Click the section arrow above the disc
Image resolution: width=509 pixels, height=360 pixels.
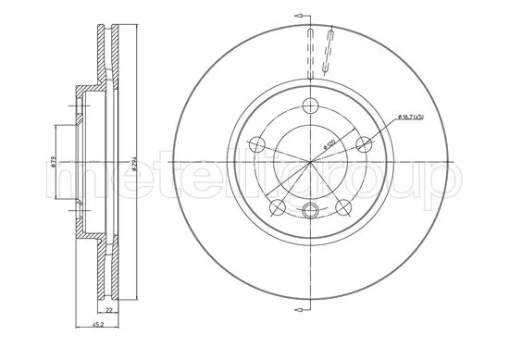(x=299, y=17)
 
